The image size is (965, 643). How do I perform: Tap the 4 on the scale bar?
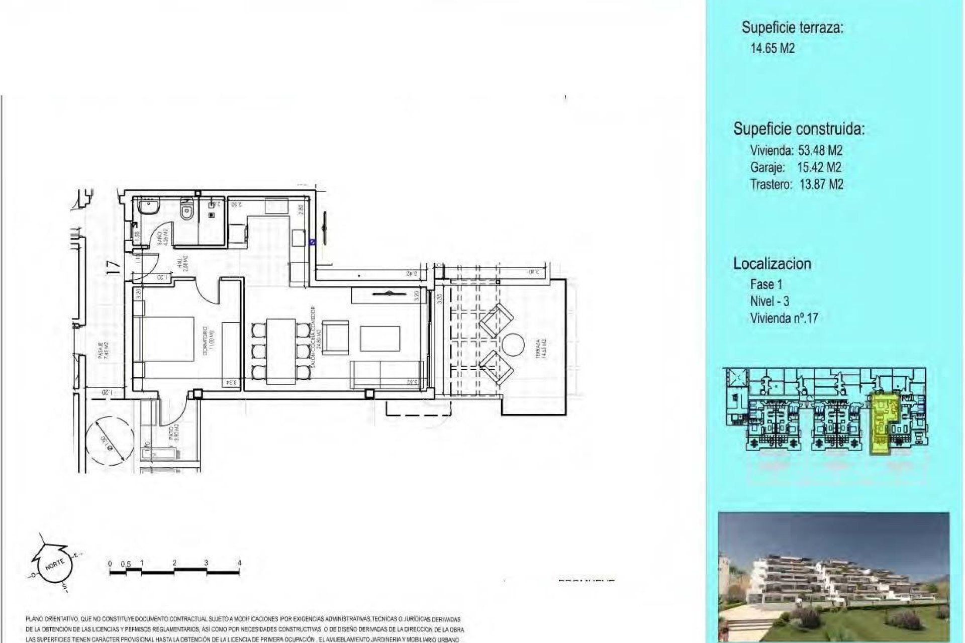239,563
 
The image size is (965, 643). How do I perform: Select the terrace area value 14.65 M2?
773,49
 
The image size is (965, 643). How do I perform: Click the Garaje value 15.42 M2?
819,167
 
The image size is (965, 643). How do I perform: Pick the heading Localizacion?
772,264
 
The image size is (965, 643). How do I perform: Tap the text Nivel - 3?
769,301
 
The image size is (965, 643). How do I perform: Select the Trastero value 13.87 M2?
821,184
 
